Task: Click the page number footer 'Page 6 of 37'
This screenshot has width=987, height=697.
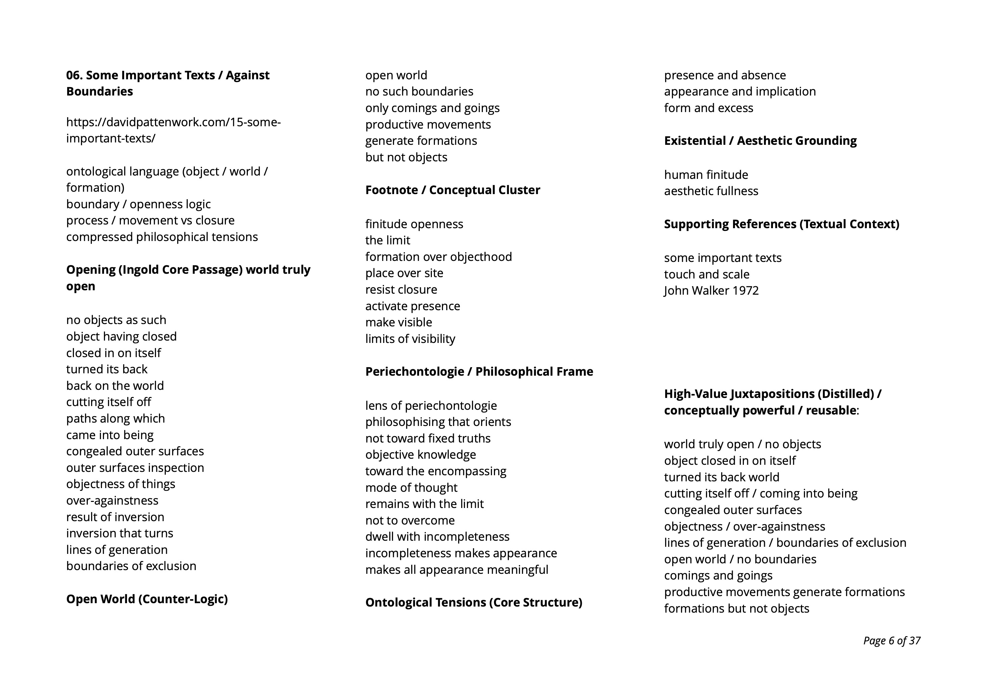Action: [x=891, y=641]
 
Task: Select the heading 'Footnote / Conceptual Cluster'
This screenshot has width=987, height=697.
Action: [x=452, y=190]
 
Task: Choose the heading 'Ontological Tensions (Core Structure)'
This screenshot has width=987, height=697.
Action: [x=473, y=602]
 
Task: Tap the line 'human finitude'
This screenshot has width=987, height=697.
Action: [x=706, y=175]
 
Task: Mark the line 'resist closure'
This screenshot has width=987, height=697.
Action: [x=401, y=289]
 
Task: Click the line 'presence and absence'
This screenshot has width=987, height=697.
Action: [x=725, y=75]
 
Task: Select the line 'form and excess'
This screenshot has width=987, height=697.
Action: [x=708, y=108]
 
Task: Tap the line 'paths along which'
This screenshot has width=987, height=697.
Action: [x=115, y=418]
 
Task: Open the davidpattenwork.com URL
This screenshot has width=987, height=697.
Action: [x=173, y=130]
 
